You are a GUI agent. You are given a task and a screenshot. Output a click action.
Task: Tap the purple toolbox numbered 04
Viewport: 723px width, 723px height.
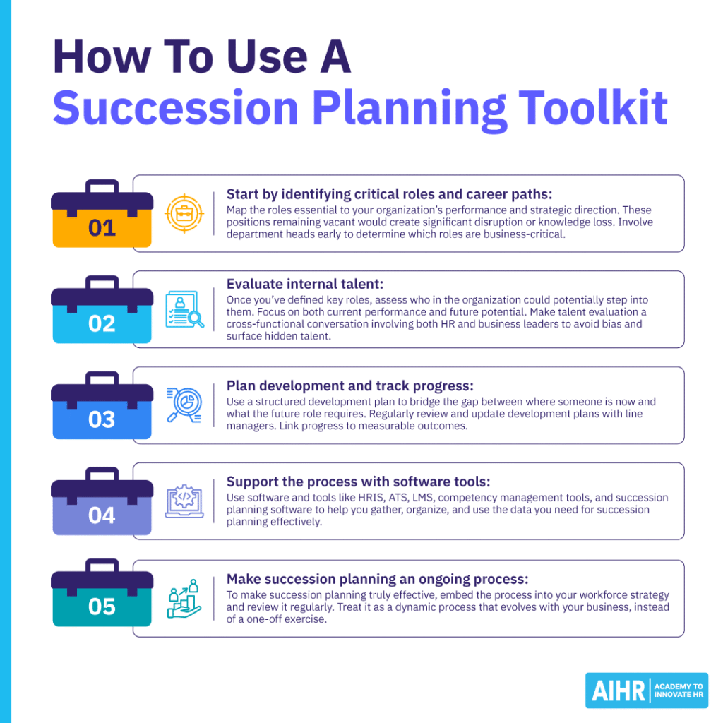(102, 504)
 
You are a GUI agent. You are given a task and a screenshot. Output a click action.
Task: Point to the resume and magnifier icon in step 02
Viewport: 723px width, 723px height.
(184, 309)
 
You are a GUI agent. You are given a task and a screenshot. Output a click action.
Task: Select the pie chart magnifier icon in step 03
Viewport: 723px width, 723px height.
(184, 405)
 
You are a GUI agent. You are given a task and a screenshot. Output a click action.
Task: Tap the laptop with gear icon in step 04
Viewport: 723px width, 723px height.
(184, 501)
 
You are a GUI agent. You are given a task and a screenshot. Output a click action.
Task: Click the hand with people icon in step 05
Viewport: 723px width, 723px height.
(184, 598)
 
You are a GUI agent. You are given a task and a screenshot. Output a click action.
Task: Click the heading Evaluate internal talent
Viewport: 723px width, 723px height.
(305, 284)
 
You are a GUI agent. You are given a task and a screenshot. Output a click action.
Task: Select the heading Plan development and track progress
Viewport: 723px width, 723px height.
(349, 386)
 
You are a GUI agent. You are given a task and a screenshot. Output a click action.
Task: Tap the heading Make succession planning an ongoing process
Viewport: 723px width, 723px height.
(377, 579)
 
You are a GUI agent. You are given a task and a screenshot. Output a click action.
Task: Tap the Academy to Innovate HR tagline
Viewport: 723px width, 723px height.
(679, 691)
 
